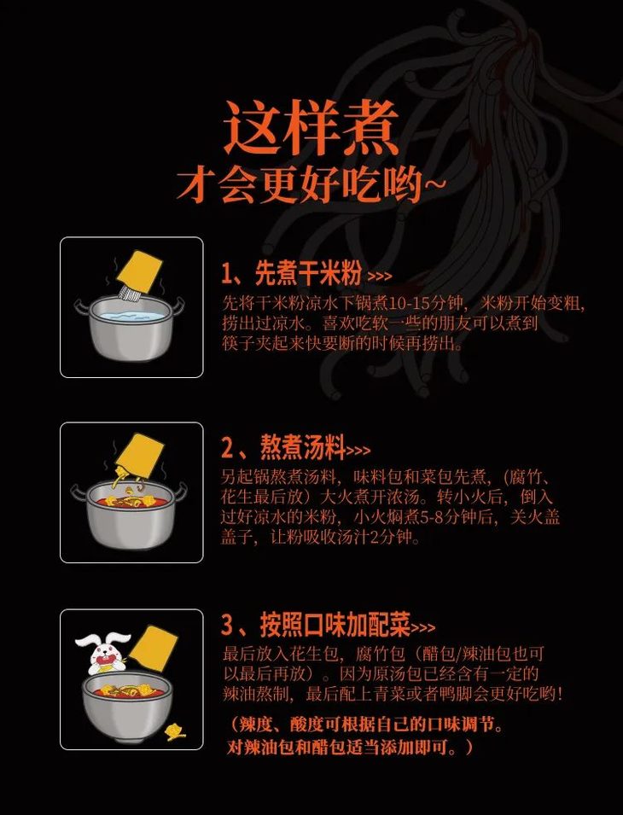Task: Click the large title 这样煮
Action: pos(311,129)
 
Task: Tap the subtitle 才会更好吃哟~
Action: pos(311,184)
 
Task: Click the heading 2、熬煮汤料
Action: pos(282,447)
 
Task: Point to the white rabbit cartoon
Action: pos(102,653)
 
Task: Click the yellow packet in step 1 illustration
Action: pos(144,271)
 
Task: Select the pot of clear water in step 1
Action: pos(129,329)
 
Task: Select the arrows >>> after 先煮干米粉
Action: pos(380,277)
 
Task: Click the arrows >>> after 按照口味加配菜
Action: pos(423,629)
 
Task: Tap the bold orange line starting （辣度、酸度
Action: pos(366,725)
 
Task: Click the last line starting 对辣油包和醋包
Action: pos(349,748)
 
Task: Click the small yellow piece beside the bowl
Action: pos(176,731)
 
